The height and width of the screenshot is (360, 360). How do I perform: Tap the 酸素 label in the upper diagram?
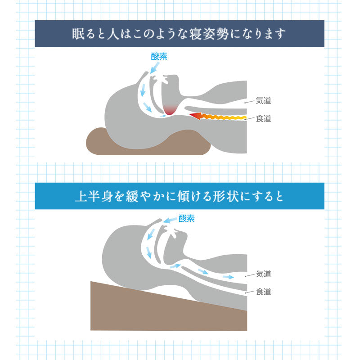click(x=160, y=56)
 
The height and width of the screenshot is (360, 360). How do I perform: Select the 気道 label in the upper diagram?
click(x=263, y=101)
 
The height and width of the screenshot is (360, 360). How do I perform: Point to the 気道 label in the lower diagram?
click(x=263, y=274)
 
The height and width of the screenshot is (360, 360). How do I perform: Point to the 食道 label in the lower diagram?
click(x=263, y=292)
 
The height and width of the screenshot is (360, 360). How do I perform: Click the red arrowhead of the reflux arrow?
click(x=194, y=117)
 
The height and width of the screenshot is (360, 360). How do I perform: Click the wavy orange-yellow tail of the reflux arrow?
click(x=225, y=117)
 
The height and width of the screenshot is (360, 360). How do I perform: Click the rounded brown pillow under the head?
click(x=148, y=143)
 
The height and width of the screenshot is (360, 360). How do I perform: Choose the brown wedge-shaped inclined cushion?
click(x=171, y=310)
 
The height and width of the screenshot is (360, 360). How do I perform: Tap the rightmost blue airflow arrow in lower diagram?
click(x=228, y=276)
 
